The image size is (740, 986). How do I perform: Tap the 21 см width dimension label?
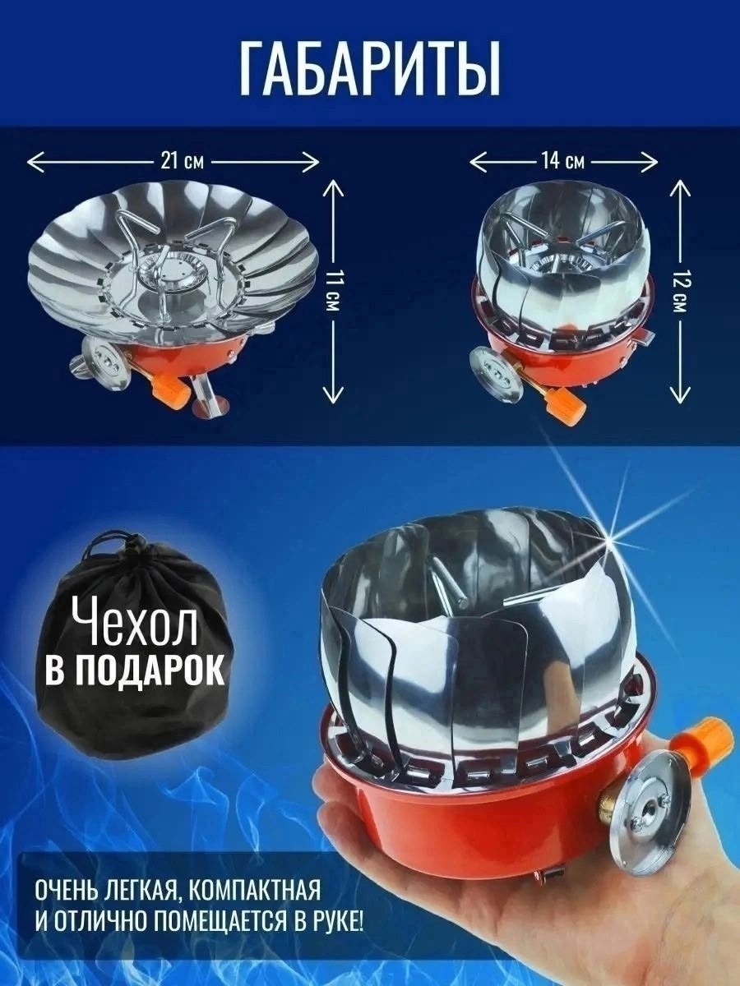pyautogui.click(x=182, y=161)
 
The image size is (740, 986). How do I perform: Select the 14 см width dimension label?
pyautogui.click(x=562, y=161)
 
